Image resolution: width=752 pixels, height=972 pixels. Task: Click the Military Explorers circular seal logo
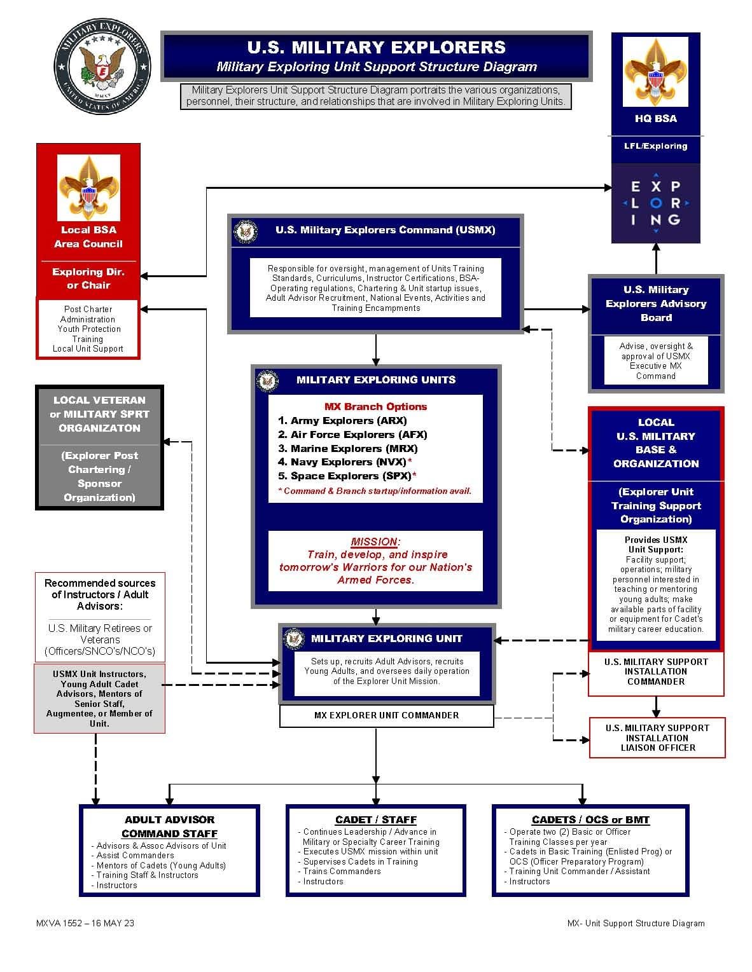[102, 66]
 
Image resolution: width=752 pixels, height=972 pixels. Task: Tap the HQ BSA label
[656, 118]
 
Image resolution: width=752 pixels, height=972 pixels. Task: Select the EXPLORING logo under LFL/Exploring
[656, 203]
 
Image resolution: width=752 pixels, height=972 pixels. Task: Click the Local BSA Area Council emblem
[88, 188]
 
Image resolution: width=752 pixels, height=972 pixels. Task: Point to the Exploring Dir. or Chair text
[88, 278]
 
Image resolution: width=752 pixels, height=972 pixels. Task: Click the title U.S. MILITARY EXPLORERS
[377, 48]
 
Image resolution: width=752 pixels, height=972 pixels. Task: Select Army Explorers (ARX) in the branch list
[342, 420]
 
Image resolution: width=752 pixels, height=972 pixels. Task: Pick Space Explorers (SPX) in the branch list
[347, 476]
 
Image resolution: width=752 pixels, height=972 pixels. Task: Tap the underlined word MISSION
[373, 542]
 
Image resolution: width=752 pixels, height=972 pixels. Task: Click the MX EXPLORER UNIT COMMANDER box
[387, 715]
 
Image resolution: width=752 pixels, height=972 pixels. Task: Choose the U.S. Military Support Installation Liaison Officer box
[658, 737]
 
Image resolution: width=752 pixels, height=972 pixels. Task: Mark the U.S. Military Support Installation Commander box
[656, 672]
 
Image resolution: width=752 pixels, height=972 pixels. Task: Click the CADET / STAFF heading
[376, 819]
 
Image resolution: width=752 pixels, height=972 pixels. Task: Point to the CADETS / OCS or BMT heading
[590, 819]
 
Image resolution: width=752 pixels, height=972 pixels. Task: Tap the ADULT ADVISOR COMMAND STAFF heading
[170, 826]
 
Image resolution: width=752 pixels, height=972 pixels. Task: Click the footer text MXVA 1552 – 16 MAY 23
[85, 923]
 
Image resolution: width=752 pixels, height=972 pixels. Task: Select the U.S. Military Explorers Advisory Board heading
[656, 303]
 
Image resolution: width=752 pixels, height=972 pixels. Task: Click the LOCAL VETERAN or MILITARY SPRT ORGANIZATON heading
[99, 414]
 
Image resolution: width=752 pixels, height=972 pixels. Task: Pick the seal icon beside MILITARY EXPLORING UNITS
[268, 381]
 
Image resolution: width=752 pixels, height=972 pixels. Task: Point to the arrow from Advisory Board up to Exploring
[656, 259]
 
